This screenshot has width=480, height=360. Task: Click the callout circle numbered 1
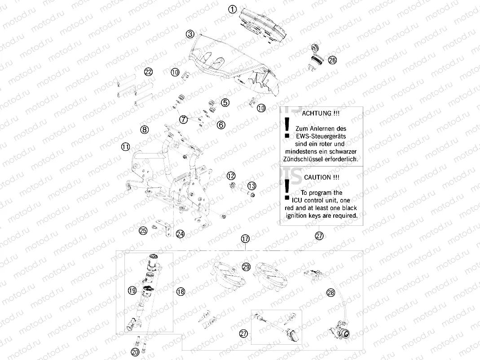click(232, 9)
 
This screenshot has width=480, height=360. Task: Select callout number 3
click(191, 34)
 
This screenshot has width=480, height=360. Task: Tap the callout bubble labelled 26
click(332, 60)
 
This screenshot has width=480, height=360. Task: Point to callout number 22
click(148, 71)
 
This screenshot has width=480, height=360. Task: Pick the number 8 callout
click(144, 130)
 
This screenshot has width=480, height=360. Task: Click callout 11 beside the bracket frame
click(125, 146)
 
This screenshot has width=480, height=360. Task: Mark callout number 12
click(230, 176)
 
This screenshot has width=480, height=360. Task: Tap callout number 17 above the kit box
click(245, 239)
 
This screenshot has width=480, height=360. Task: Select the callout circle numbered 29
click(246, 267)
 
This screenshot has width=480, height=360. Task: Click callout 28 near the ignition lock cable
click(331, 293)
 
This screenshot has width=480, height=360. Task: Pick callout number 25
click(143, 231)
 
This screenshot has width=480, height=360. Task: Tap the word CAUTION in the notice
click(321, 177)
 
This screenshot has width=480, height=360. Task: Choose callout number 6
click(221, 125)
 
